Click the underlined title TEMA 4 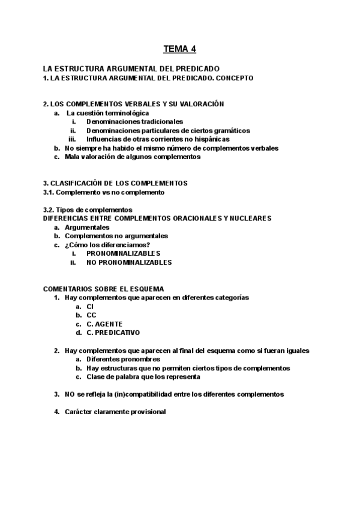click(x=180, y=49)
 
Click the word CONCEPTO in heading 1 click(x=233, y=78)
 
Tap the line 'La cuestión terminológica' click(x=108, y=113)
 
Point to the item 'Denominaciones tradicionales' click(x=133, y=121)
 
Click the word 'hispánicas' click(x=212, y=139)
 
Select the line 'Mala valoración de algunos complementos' click(x=133, y=157)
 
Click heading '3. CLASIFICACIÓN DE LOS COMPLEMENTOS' click(x=115, y=183)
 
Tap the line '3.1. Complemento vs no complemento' click(x=104, y=192)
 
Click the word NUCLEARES click(x=250, y=218)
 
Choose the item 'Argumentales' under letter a click(x=87, y=227)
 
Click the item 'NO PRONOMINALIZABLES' click(x=129, y=262)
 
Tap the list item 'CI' click(x=90, y=306)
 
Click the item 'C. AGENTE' click(x=105, y=324)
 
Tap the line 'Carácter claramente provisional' click(x=115, y=412)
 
